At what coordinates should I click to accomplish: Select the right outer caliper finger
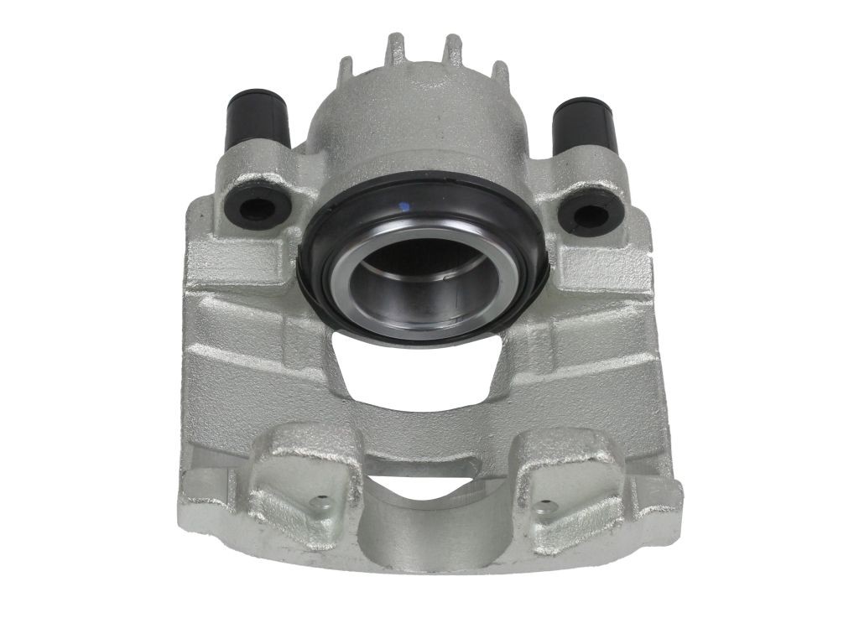click(x=562, y=478)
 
